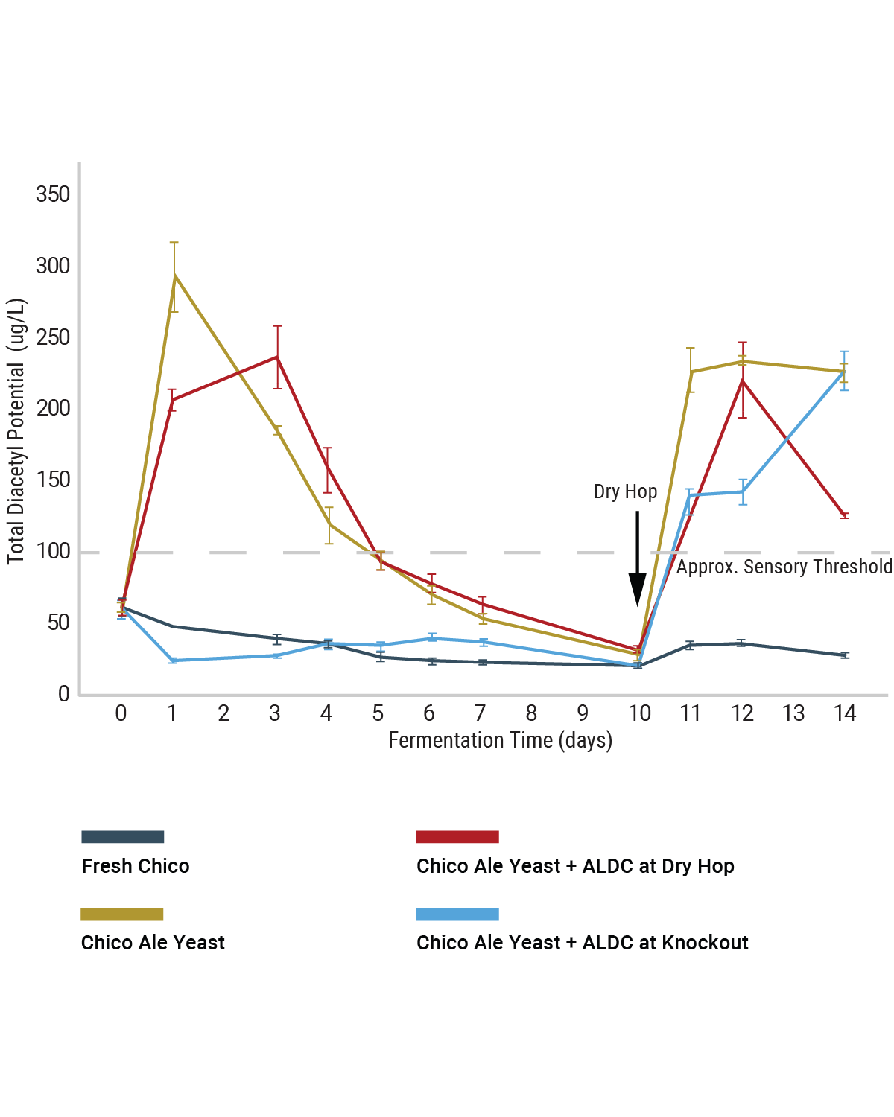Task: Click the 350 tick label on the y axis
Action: point(53,195)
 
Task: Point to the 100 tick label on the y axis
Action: point(53,552)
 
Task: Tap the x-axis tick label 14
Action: point(844,713)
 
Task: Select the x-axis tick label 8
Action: point(531,713)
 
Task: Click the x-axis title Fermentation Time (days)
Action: point(500,740)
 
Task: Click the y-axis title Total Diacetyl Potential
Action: point(16,431)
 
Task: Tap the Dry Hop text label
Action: point(625,491)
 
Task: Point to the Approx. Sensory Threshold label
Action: point(784,567)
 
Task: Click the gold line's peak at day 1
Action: point(174,276)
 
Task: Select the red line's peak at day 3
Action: point(277,357)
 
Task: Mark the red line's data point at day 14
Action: point(844,515)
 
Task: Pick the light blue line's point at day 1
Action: point(174,661)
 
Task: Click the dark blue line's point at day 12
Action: point(741,643)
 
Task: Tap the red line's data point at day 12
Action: point(742,381)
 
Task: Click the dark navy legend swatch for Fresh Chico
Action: point(122,837)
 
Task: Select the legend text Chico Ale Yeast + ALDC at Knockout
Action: point(582,943)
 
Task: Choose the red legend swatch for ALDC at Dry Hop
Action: point(457,837)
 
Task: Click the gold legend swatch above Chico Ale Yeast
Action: point(122,914)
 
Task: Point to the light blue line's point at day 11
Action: point(690,495)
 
